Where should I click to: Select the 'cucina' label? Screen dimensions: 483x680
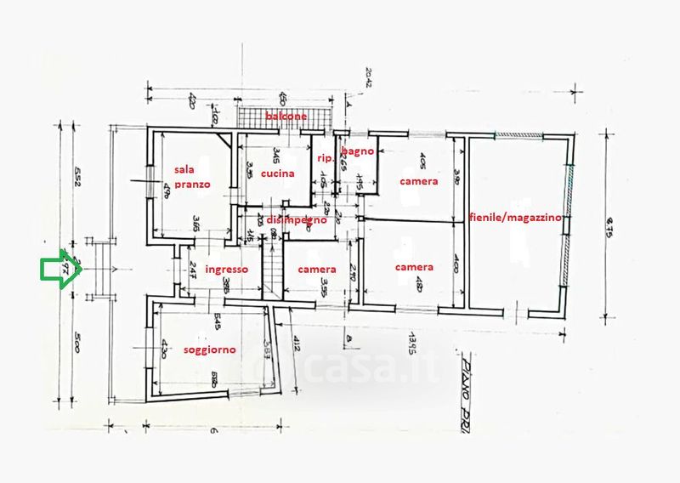278,173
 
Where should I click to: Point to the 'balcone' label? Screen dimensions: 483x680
285,116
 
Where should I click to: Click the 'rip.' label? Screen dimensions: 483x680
325,158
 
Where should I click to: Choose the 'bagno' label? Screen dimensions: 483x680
357,151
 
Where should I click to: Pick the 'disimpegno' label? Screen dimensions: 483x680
297,219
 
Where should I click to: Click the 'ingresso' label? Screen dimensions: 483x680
227,269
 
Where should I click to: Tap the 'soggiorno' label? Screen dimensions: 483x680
210,349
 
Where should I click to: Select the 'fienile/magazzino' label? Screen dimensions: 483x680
515,218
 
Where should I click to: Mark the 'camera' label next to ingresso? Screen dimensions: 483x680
316,269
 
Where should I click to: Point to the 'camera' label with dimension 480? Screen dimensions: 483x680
414,267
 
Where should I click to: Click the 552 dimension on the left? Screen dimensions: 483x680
76,178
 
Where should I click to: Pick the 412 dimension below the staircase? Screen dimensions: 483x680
297,344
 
